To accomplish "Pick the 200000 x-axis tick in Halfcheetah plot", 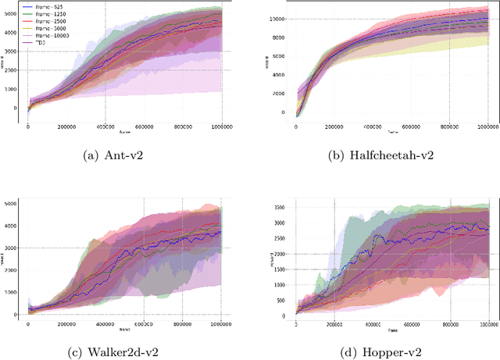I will coord(337,126).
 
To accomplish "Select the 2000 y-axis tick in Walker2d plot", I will coord(13,270).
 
